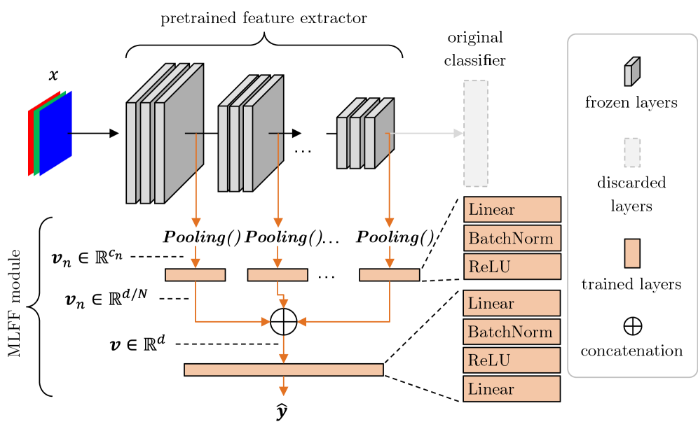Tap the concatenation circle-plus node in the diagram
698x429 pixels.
[x=283, y=322]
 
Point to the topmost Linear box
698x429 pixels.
[x=512, y=209]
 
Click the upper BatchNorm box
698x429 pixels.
[x=512, y=238]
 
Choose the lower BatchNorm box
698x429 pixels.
[x=512, y=332]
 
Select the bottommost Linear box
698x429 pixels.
[x=512, y=389]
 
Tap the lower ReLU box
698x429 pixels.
[x=512, y=360]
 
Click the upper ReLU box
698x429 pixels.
[x=512, y=267]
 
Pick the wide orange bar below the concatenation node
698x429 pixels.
[x=283, y=370]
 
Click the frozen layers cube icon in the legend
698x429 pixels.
[x=632, y=71]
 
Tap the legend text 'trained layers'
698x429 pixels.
[x=631, y=285]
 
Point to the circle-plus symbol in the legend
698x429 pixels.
[x=632, y=326]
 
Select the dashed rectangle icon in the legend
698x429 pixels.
[x=632, y=153]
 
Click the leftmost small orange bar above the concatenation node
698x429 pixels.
[x=195, y=275]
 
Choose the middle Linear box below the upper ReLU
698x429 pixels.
[x=512, y=304]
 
